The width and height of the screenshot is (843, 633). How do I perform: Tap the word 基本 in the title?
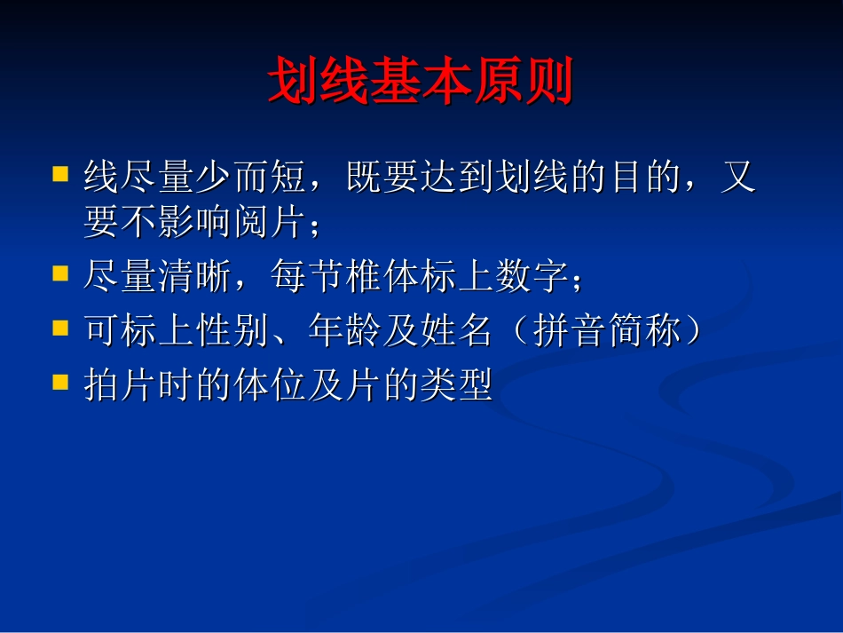click(421, 83)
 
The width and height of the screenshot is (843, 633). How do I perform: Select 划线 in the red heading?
click(319, 83)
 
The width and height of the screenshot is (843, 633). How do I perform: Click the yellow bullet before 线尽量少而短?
click(60, 173)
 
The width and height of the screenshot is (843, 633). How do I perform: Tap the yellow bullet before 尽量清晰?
click(60, 274)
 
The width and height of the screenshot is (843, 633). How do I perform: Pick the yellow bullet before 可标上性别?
click(60, 328)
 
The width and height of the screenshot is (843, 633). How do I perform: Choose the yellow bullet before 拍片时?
click(60, 383)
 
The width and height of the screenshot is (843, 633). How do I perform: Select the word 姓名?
click(455, 333)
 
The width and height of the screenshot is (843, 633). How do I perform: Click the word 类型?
click(455, 387)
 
